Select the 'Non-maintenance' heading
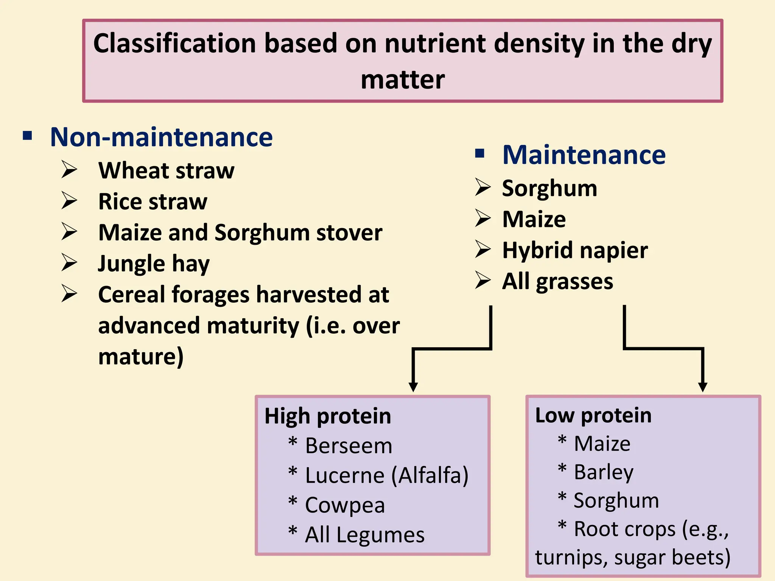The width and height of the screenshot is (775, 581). [161, 137]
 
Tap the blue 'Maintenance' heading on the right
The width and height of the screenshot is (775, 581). [584, 155]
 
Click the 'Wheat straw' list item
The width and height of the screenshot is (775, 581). [166, 171]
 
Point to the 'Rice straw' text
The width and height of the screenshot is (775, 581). [153, 202]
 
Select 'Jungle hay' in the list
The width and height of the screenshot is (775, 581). [154, 264]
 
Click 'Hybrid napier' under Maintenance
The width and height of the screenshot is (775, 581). [574, 250]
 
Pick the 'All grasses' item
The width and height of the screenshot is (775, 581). [557, 281]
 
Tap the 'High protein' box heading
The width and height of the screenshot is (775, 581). [328, 416]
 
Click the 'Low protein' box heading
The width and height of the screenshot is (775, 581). [593, 415]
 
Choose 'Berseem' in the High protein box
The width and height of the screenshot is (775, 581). [348, 446]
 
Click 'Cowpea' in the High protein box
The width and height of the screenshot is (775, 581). [345, 505]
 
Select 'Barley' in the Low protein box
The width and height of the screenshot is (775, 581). [603, 472]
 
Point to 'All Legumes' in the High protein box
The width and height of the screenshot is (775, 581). [364, 535]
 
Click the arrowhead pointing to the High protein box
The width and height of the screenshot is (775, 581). [413, 387]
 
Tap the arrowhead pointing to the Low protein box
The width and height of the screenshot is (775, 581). [703, 387]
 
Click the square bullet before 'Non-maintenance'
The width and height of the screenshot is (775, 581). [27, 135]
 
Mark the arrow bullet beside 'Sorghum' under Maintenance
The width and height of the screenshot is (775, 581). [483, 188]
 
